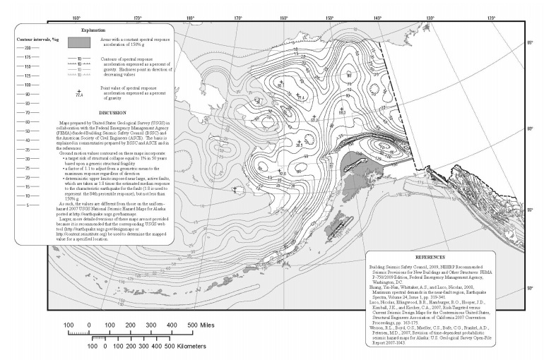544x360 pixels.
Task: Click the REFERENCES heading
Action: [444, 259]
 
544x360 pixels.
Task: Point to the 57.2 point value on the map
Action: [315, 119]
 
